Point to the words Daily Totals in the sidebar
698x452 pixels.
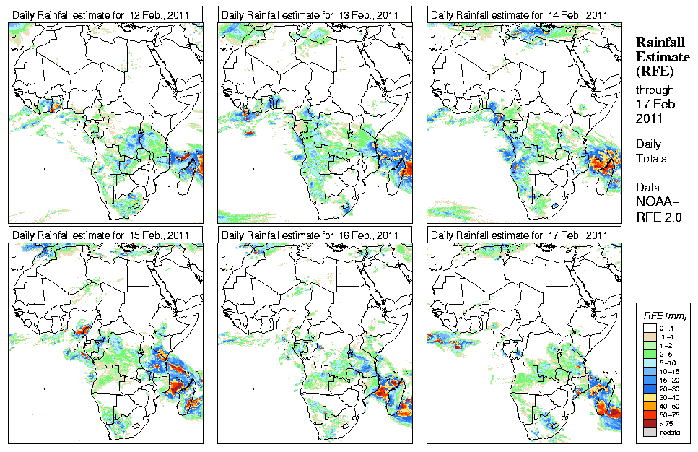(652, 151)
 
